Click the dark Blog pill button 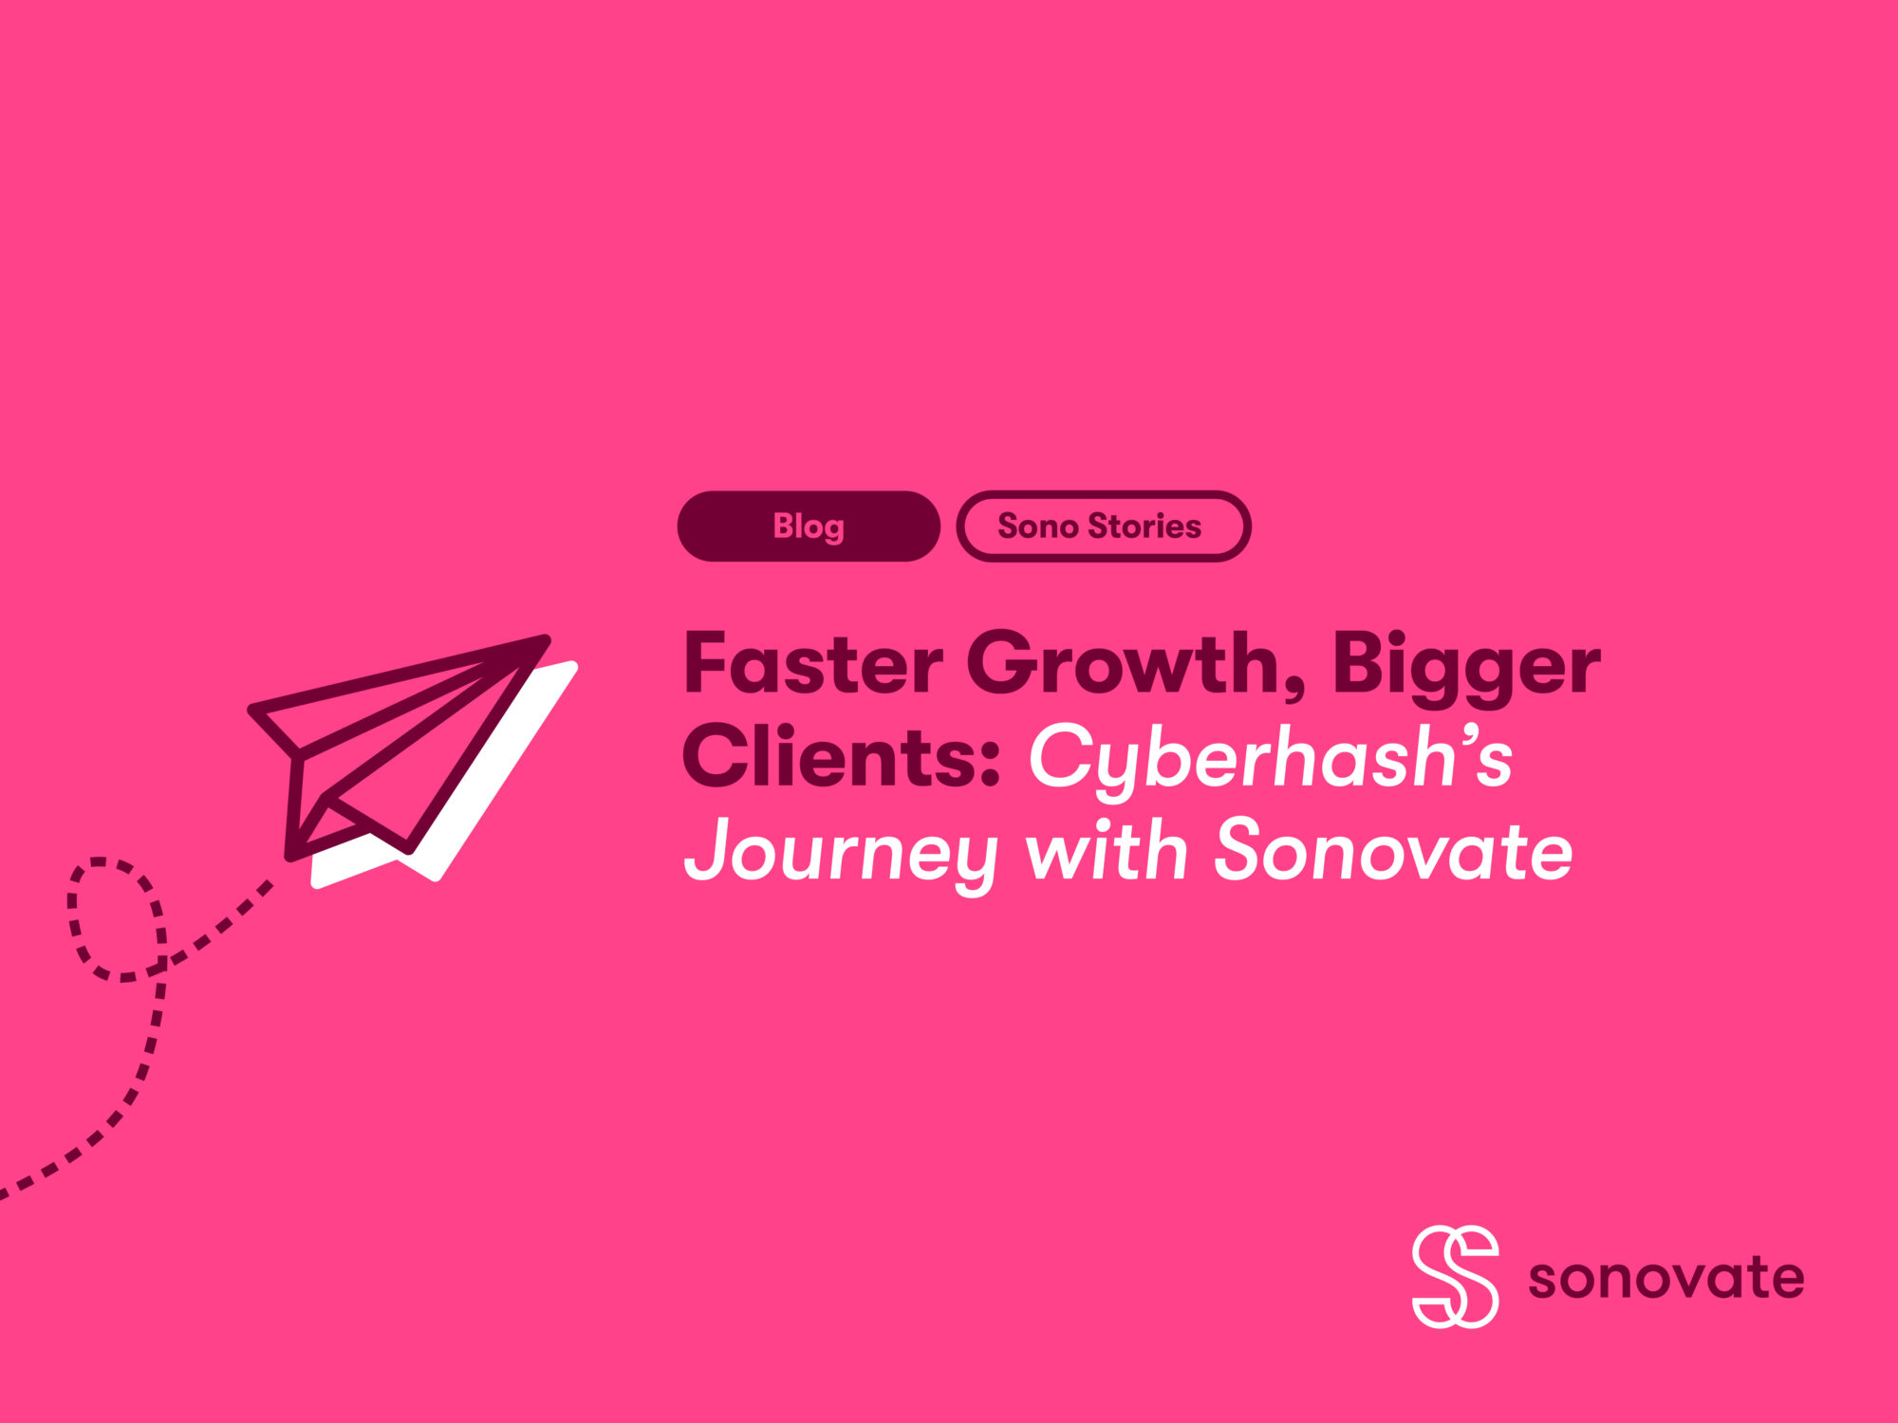(x=809, y=527)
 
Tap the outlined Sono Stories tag (x=1103, y=527)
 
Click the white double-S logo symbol (x=1455, y=1276)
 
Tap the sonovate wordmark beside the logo (x=1665, y=1278)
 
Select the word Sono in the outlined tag (x=1037, y=527)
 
